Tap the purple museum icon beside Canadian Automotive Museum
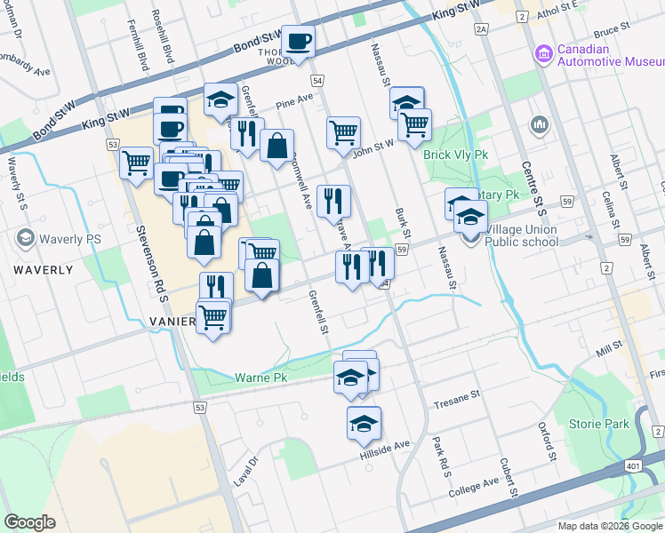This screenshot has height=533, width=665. tap(542, 55)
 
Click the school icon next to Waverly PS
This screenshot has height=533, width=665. tap(25, 238)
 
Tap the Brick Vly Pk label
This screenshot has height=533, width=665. tap(456, 154)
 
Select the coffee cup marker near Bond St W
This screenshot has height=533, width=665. tap(298, 41)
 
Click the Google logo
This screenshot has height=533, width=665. tap(30, 521)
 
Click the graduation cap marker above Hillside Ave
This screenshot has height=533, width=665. tap(364, 423)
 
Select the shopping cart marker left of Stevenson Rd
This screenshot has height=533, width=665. tap(136, 163)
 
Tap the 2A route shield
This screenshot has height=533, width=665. tap(482, 29)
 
